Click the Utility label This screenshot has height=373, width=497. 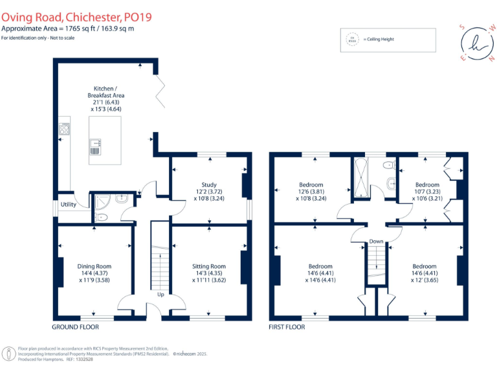point(69,205)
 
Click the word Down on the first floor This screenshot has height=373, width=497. point(376,242)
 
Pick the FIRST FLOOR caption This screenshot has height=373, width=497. point(287,327)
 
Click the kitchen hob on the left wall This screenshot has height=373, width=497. point(65,130)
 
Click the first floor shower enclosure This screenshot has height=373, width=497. point(361,178)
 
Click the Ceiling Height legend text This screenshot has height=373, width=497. point(379,40)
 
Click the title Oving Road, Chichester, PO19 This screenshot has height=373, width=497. point(76,17)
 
